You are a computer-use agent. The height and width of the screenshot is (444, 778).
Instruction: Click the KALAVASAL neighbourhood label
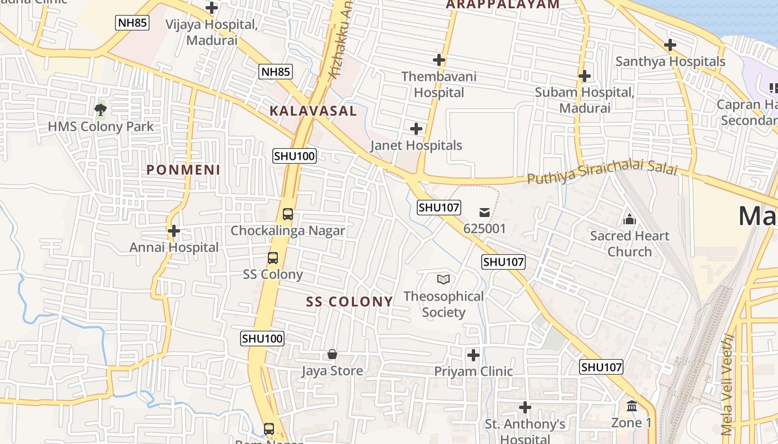pos(313,110)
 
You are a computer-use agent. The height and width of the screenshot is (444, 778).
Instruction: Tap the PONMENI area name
pos(183,170)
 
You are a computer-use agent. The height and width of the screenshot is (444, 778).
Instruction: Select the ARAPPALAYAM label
pos(503,4)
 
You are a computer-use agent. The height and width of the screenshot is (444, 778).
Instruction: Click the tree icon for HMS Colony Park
pos(101,109)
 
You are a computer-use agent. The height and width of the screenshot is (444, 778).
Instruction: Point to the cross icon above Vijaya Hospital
pos(212,8)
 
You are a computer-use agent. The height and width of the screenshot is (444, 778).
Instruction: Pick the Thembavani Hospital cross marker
pos(439,59)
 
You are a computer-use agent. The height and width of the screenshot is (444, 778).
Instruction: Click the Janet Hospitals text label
pos(416,145)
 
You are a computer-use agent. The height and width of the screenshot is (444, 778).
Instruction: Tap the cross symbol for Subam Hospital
pos(584,75)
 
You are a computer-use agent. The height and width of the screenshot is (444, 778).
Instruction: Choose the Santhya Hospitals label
pos(670,61)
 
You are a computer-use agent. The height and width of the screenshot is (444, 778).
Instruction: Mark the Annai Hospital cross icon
pos(174,230)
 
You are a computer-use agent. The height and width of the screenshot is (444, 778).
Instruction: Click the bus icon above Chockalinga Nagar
pos(288,214)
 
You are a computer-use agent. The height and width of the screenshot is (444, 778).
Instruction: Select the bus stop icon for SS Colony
pos(272,258)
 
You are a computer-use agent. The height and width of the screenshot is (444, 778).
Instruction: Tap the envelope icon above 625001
pos(485,211)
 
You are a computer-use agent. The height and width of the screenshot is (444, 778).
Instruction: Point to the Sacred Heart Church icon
pos(630,219)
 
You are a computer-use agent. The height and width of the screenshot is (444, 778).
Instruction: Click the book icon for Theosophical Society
pos(443,279)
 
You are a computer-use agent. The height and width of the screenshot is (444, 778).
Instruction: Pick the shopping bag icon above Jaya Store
pos(332,354)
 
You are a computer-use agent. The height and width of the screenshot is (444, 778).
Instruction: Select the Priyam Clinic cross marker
pos(473,355)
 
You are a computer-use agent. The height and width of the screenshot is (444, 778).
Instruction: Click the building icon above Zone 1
pos(632,406)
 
